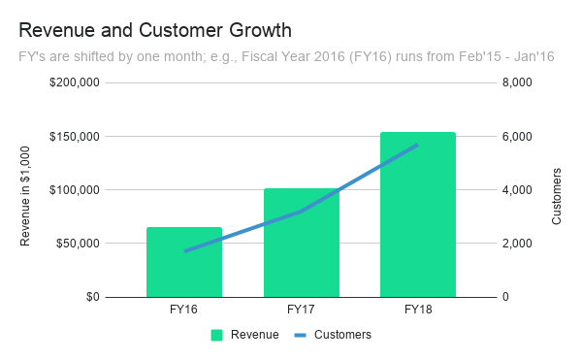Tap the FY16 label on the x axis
[184, 311]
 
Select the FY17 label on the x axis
[301, 311]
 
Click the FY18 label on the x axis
[418, 311]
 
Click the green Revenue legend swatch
[217, 335]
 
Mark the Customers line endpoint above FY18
[418, 145]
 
